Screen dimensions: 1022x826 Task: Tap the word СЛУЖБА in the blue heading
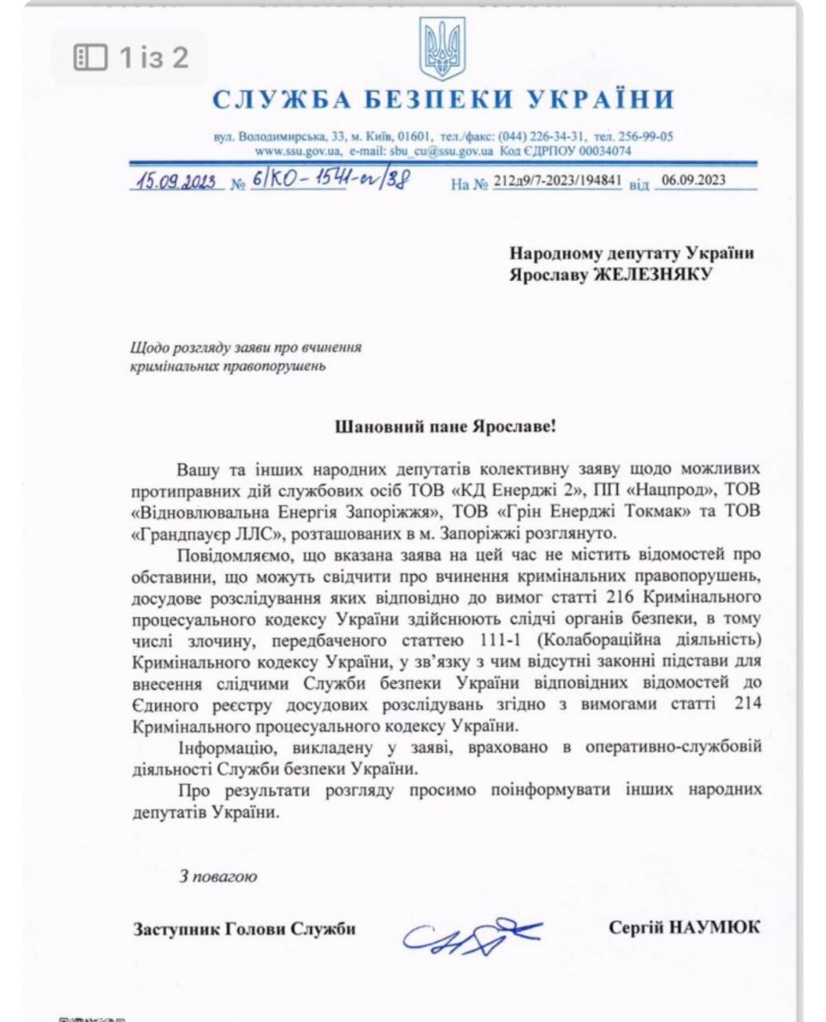point(281,100)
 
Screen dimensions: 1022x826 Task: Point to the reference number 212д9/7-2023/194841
point(557,181)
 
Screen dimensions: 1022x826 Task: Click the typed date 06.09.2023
point(693,180)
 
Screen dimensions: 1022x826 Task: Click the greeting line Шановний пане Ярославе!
point(445,426)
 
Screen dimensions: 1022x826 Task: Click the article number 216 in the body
point(622,596)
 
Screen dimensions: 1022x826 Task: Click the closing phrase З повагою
point(218,876)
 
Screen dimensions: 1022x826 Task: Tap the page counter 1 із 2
point(154,57)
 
